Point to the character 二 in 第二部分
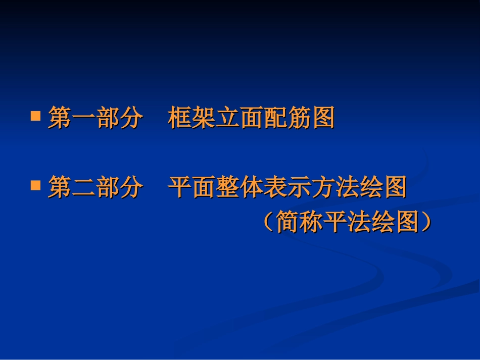(83, 188)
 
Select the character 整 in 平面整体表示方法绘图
(227, 188)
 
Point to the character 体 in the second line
(251, 188)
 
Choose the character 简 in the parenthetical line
(288, 222)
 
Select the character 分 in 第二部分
(131, 188)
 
